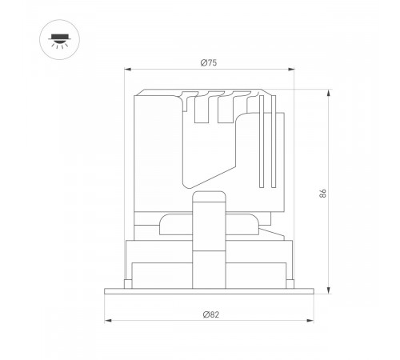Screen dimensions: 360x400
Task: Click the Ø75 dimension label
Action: click(209, 63)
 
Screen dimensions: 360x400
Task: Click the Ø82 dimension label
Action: click(210, 314)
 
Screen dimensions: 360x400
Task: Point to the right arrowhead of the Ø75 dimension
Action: click(294, 70)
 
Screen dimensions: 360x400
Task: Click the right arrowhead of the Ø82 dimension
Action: click(313, 322)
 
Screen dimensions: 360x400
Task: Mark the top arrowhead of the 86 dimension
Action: click(330, 90)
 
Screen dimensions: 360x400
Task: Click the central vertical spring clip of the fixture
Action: click(209, 240)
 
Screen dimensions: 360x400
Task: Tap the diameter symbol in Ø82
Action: click(204, 314)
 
